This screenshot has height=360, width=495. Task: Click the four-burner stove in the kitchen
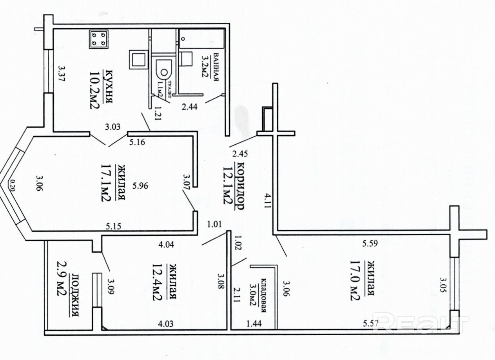point(99,39)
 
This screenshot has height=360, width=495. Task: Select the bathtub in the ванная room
point(201,39)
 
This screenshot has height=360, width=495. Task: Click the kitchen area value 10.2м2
point(95,91)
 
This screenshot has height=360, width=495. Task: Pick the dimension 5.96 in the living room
point(140,186)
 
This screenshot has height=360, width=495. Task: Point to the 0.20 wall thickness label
point(12,185)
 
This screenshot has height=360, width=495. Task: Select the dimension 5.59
point(370,244)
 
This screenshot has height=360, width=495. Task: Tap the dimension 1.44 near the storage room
point(254,324)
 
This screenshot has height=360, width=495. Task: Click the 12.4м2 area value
point(157,282)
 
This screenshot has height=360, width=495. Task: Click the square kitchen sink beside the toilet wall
point(138,59)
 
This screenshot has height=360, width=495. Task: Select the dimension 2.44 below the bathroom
point(189,107)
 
